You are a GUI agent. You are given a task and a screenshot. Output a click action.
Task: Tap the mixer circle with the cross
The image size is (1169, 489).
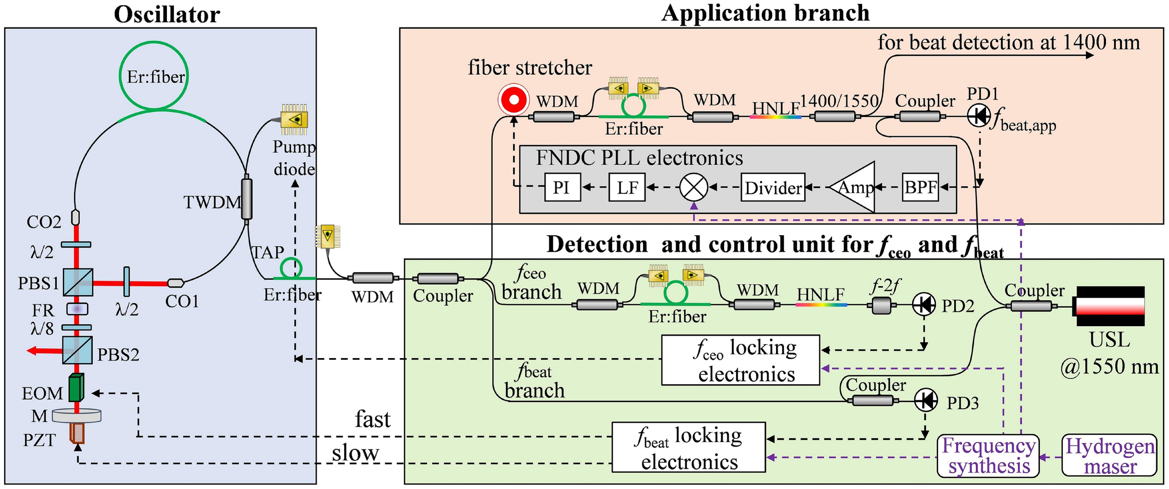tap(693, 187)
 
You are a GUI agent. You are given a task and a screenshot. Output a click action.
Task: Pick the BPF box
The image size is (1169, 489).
tap(920, 187)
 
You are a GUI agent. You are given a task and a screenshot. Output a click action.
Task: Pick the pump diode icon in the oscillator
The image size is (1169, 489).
tap(294, 120)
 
